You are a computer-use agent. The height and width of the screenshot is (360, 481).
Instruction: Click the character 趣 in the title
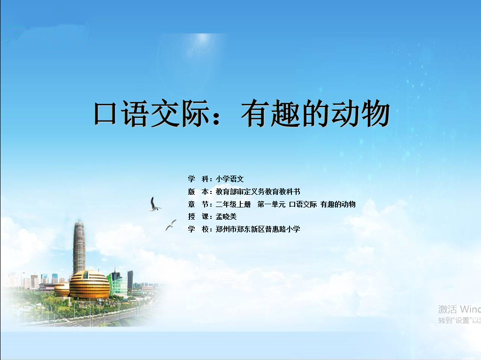point(285,113)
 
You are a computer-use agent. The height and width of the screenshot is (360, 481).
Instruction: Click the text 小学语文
point(230,179)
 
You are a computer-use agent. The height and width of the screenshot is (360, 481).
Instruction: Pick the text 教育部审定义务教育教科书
point(258,191)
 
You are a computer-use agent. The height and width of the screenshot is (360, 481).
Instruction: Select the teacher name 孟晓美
point(226,217)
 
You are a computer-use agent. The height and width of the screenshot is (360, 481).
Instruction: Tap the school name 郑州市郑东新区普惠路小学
point(258,229)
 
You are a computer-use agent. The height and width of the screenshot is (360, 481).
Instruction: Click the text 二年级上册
point(233,204)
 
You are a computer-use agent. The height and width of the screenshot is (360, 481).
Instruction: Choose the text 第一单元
point(272,204)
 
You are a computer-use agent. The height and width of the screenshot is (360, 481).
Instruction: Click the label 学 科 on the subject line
point(199,179)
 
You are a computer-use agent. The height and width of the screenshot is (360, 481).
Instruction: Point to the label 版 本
point(199,191)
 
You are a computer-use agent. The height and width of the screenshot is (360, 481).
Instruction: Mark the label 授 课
point(199,217)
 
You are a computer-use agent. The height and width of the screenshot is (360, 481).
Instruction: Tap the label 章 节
point(199,204)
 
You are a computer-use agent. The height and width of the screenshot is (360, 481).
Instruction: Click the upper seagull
point(154,205)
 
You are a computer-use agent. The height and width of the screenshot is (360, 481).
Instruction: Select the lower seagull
point(171,225)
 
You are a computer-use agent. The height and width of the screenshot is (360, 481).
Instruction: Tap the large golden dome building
point(89,284)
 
